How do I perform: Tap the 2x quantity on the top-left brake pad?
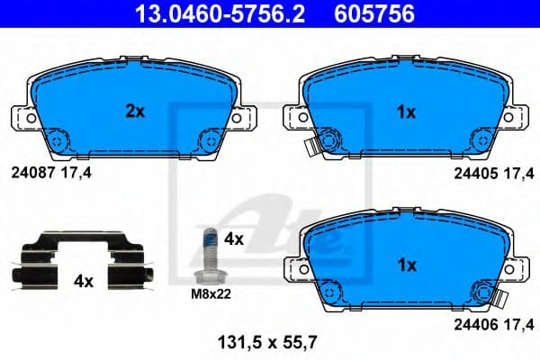[x=134, y=112]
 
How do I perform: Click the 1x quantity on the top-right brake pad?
[x=406, y=112]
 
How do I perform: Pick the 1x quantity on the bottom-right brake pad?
[x=406, y=265]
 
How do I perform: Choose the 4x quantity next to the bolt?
[x=234, y=239]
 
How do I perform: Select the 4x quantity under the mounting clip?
[x=83, y=281]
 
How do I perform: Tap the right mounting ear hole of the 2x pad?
[x=237, y=117]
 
